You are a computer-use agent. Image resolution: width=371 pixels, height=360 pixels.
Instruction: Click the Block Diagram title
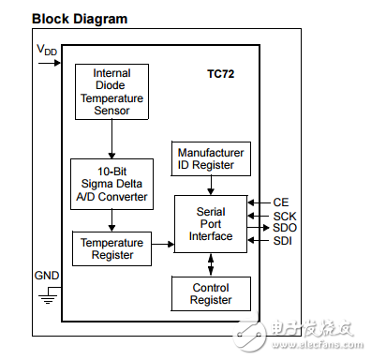tap(67, 19)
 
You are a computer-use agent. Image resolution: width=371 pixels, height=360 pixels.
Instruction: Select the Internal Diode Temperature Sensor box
tap(111, 92)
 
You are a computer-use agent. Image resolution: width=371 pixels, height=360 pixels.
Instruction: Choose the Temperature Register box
tap(111, 247)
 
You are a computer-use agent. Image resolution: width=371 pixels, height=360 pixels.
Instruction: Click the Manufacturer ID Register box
tap(210, 157)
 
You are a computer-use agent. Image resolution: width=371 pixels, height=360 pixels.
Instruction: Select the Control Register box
tap(210, 293)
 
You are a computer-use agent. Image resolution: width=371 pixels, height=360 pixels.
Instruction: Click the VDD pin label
tap(46, 48)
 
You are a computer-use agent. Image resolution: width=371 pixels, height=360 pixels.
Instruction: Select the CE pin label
tap(280, 202)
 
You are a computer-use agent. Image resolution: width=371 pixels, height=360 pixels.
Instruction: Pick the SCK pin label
tap(284, 215)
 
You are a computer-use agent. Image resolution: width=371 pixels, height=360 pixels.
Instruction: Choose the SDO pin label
tap(284, 228)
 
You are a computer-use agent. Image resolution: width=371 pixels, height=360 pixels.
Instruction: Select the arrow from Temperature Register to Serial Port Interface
tap(161, 245)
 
